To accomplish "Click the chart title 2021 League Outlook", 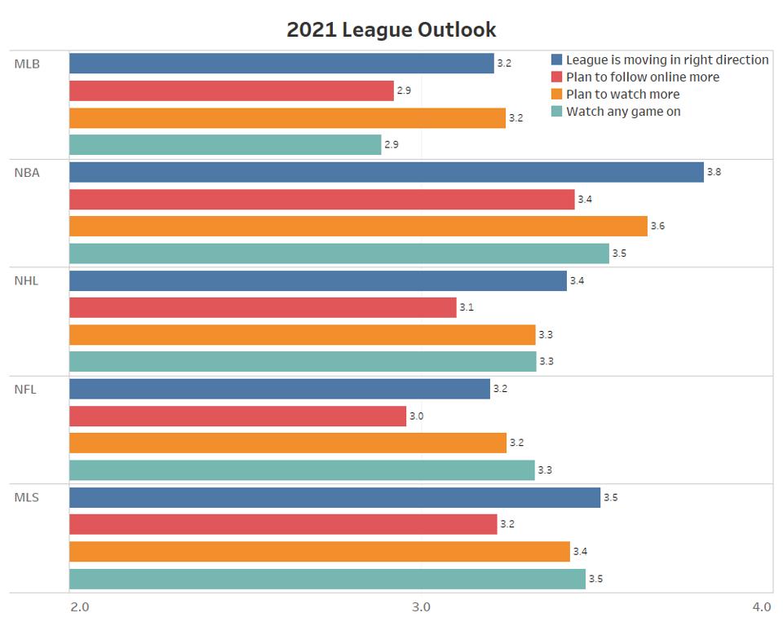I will pos(391,30).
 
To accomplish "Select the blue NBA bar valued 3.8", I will pos(386,172).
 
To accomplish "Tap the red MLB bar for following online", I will pos(232,90).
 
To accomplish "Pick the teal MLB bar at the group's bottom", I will pos(225,145).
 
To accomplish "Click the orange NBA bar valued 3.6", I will pos(358,226).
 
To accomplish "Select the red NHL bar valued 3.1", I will pos(263,307).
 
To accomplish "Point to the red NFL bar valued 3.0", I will pos(237,416).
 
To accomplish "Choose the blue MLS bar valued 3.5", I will pos(334,497).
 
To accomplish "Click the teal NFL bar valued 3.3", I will pos(302,469).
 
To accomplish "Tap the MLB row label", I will pos(26,64).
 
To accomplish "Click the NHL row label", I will pos(26,280).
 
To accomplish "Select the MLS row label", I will pos(26,497).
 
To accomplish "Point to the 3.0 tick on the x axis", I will pos(421,606).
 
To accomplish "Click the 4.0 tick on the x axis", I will pos(761,606).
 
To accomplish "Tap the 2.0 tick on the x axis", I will pos(80,606).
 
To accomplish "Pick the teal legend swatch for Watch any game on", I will pos(557,112).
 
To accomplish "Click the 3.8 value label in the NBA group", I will pos(714,172).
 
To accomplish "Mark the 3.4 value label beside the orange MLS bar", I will pos(580,552).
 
